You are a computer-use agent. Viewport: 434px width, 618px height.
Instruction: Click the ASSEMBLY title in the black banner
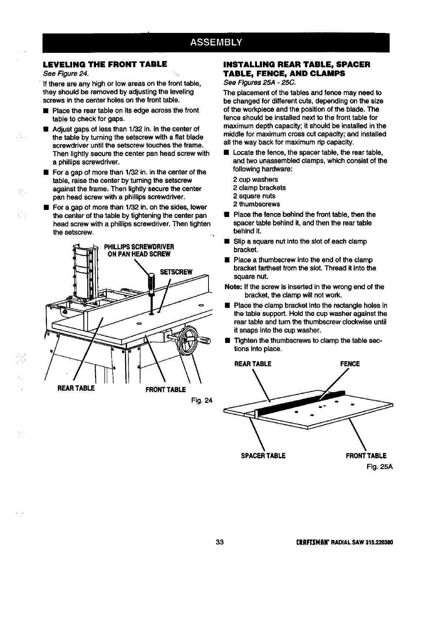point(216,41)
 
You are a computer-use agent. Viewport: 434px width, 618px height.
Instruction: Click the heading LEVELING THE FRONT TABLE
point(105,64)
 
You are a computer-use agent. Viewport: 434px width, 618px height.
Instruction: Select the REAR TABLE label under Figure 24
point(76,388)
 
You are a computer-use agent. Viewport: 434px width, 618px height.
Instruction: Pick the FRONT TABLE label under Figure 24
point(165,390)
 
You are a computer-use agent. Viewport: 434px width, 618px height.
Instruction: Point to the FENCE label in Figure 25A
point(350,364)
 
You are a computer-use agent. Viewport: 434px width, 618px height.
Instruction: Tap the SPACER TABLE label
point(263,456)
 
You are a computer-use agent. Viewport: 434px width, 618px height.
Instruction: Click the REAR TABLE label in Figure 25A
point(253,364)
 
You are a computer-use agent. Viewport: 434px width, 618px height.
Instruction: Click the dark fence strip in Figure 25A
point(296,404)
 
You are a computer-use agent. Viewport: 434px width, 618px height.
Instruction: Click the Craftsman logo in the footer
point(314,543)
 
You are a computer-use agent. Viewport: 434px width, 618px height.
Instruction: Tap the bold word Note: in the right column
point(233,287)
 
